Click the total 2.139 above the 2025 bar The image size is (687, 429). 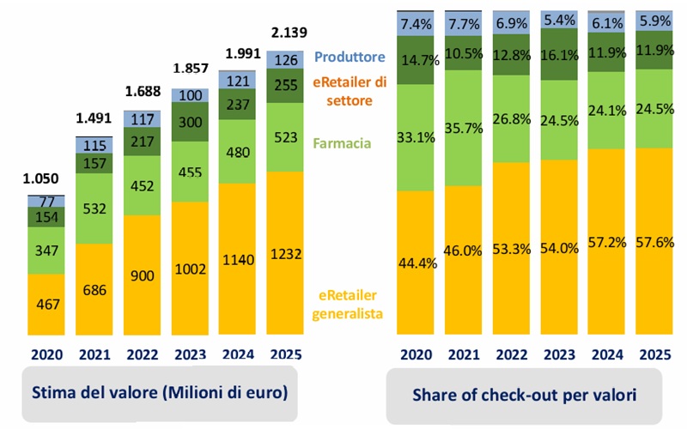coord(285,33)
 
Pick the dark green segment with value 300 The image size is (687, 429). coord(191,124)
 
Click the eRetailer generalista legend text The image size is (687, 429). coord(351,303)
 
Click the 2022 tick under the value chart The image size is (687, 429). coord(143,353)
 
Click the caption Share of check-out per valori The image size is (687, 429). coord(524,394)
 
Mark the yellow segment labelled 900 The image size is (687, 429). coord(143,274)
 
